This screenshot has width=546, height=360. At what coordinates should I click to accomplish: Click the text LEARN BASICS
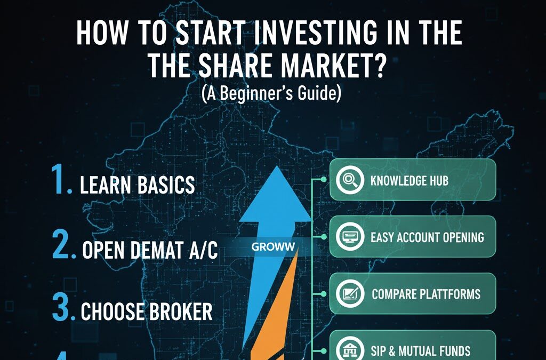pos(137,186)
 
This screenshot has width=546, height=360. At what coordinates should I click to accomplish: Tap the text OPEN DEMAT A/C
pos(149,250)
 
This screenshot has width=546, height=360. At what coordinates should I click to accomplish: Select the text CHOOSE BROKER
pos(146,311)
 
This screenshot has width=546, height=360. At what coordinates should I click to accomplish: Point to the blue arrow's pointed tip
pos(275,168)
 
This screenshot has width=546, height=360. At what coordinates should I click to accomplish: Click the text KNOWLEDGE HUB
pos(409,180)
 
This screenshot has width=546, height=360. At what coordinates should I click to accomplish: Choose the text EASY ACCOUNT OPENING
pos(427,237)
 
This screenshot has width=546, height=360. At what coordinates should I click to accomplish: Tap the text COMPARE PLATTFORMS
pos(425,294)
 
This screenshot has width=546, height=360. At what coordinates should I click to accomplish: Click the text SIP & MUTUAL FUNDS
pos(421,350)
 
